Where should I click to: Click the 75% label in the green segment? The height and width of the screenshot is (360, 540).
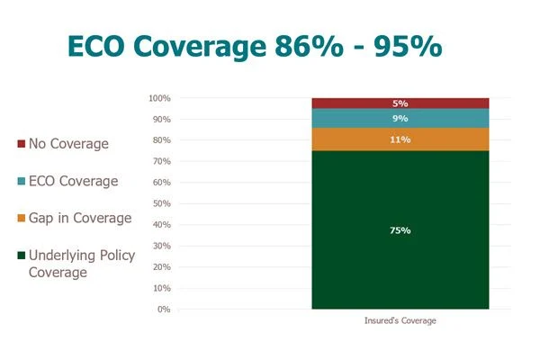(400, 230)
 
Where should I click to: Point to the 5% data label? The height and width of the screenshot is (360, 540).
(400, 103)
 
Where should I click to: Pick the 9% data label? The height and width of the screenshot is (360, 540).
(400, 118)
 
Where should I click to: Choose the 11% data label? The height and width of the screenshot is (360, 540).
(400, 139)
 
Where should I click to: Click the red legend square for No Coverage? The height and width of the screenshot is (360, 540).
(22, 144)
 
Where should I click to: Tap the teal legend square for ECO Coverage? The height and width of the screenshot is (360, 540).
(22, 182)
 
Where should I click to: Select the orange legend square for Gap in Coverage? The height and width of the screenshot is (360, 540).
(22, 219)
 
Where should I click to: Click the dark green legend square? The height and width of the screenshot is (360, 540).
(22, 256)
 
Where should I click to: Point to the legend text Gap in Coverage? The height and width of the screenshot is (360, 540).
(80, 219)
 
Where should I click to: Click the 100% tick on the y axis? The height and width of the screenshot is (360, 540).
(158, 98)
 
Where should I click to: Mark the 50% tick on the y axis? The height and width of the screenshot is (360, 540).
(160, 203)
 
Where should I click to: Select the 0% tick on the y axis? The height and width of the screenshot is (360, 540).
(163, 310)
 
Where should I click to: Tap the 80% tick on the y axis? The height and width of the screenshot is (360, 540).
(160, 140)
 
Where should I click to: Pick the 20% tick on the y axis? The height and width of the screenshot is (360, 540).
(160, 267)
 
